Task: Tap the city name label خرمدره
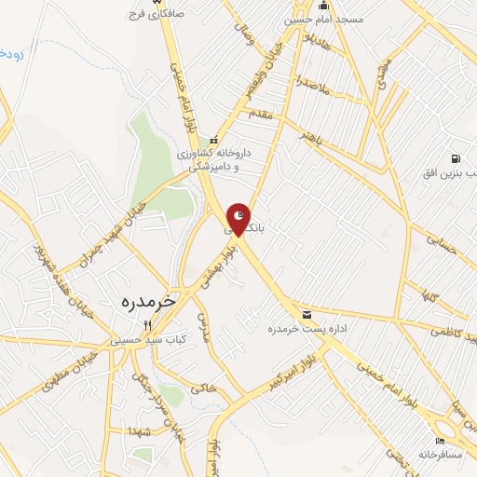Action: pos(150,302)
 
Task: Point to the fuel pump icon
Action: pos(456,158)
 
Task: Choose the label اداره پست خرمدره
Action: pos(301,329)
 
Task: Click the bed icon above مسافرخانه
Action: pos(440,441)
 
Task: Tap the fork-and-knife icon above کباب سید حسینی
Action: pos(145,325)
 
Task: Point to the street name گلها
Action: pos(430,298)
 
